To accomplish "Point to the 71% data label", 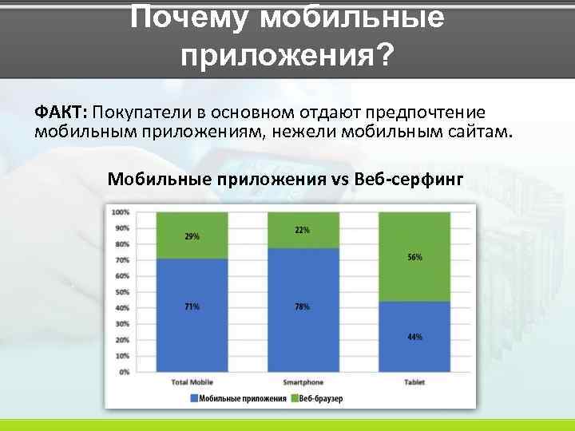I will pyautogui.click(x=192, y=306).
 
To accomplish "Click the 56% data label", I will pyautogui.click(x=414, y=258).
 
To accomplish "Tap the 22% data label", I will pyautogui.click(x=303, y=230).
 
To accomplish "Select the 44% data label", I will pyautogui.click(x=414, y=337).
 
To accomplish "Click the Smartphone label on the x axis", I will pyautogui.click(x=303, y=382).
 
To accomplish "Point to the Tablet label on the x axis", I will pyautogui.click(x=414, y=382).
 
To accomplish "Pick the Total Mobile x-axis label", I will pyautogui.click(x=192, y=382).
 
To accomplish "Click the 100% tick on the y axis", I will pyautogui.click(x=121, y=212).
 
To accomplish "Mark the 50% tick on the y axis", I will pyautogui.click(x=122, y=292).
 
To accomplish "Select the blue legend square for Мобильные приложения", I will pyautogui.click(x=193, y=397).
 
